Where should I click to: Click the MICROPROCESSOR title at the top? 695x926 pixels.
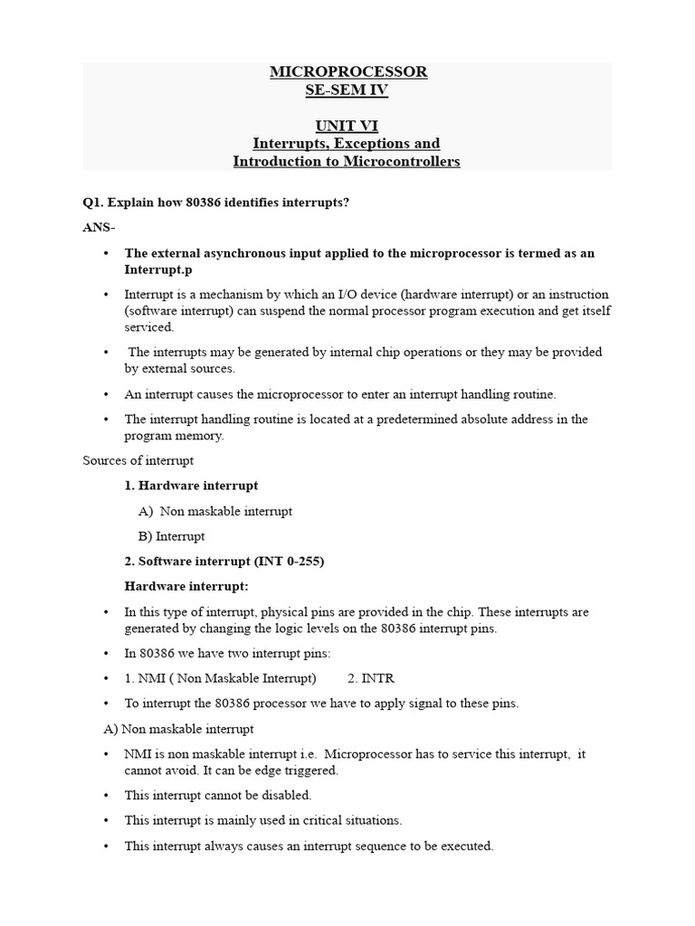click(x=347, y=71)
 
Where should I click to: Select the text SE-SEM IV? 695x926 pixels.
click(x=347, y=90)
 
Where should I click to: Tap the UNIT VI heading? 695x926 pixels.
click(x=347, y=126)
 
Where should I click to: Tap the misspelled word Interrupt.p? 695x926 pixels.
click(x=158, y=269)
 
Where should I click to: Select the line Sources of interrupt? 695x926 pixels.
click(x=138, y=460)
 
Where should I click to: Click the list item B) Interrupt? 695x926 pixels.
click(x=172, y=536)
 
